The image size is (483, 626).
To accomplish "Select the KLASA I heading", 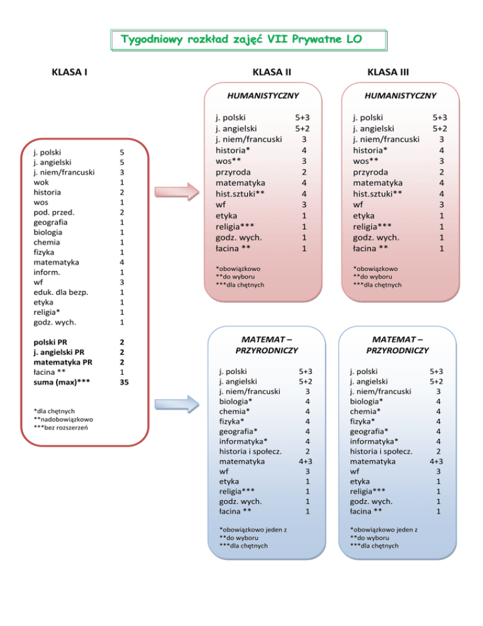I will [69, 72].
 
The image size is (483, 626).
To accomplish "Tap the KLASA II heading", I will [271, 72].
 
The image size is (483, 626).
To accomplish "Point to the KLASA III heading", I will [389, 72].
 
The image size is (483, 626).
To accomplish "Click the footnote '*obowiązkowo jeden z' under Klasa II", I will [253, 530].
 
